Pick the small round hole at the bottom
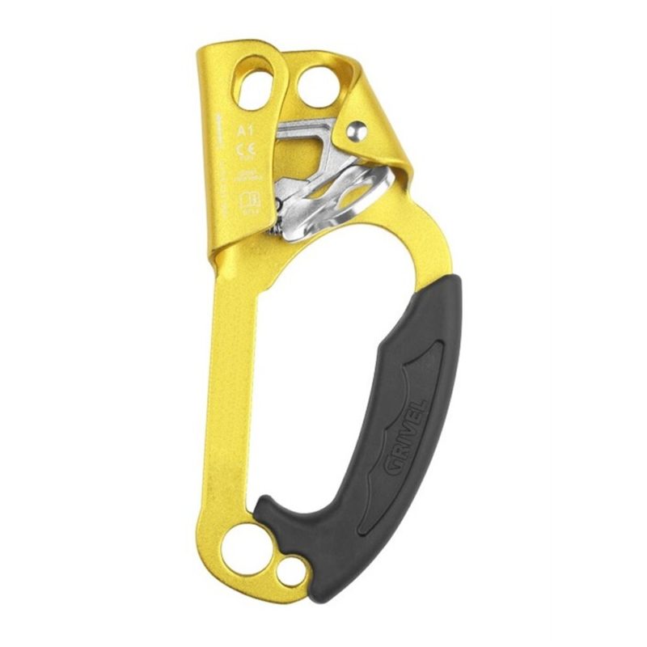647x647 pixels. click(x=288, y=571)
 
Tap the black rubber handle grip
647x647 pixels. click(x=404, y=404)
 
